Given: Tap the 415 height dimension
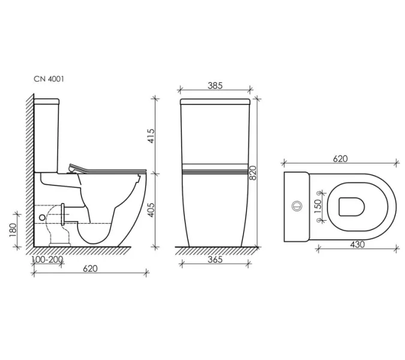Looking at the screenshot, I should click(x=152, y=136).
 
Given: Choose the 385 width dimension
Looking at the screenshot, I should click(x=215, y=86).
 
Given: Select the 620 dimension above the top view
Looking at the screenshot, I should click(x=340, y=158).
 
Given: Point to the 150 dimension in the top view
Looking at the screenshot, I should click(x=319, y=205).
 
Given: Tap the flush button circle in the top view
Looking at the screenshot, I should click(x=295, y=205).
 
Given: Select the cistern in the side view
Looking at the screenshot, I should click(x=47, y=132).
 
